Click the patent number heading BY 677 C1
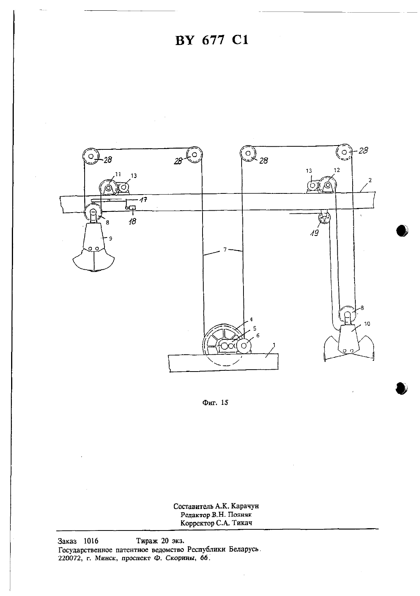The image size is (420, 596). point(212,41)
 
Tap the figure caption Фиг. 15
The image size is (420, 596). point(215,402)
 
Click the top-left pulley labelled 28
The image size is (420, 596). point(91,156)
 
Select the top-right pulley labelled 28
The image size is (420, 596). point(344,152)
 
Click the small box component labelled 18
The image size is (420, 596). point(132,208)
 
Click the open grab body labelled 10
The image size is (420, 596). point(349,343)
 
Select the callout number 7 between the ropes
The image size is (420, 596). point(225,250)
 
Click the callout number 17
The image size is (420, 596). point(144,200)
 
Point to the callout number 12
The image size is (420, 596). point(337,170)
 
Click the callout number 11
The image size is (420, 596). point(118,174)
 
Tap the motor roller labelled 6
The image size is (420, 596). point(244,346)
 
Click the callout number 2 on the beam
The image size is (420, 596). point(370,180)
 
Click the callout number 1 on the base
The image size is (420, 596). point(274,345)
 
